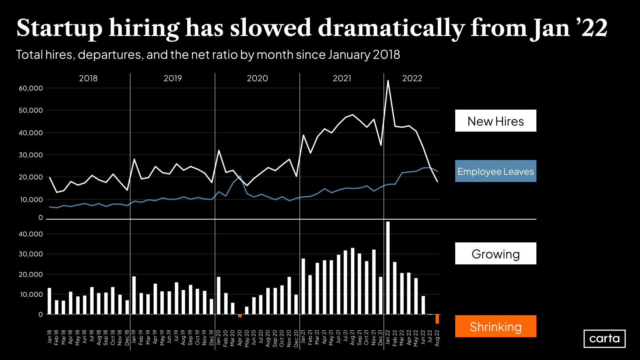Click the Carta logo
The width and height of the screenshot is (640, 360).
click(604, 338)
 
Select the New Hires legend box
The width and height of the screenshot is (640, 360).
click(496, 121)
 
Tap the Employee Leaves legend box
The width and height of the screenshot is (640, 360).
click(496, 171)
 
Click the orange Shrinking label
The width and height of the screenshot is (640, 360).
click(496, 326)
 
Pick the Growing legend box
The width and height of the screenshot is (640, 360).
click(496, 254)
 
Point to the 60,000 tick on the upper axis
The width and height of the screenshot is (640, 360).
click(31, 88)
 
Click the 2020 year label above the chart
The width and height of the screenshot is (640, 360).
click(257, 78)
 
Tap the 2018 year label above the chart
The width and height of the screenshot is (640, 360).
click(88, 78)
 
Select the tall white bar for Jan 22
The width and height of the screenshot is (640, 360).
click(388, 268)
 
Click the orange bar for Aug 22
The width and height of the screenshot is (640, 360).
click(437, 319)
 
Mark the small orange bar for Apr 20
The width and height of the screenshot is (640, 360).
click(240, 316)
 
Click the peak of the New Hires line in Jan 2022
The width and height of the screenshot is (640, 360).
click(388, 81)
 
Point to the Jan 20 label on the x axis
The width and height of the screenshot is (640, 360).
click(218, 338)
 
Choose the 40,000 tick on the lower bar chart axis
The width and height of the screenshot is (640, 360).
click(31, 234)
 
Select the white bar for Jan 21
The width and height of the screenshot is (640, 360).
click(303, 286)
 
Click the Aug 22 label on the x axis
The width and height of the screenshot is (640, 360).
click(437, 338)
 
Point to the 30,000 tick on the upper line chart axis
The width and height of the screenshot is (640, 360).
click(31, 155)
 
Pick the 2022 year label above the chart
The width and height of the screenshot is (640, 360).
click(412, 78)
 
